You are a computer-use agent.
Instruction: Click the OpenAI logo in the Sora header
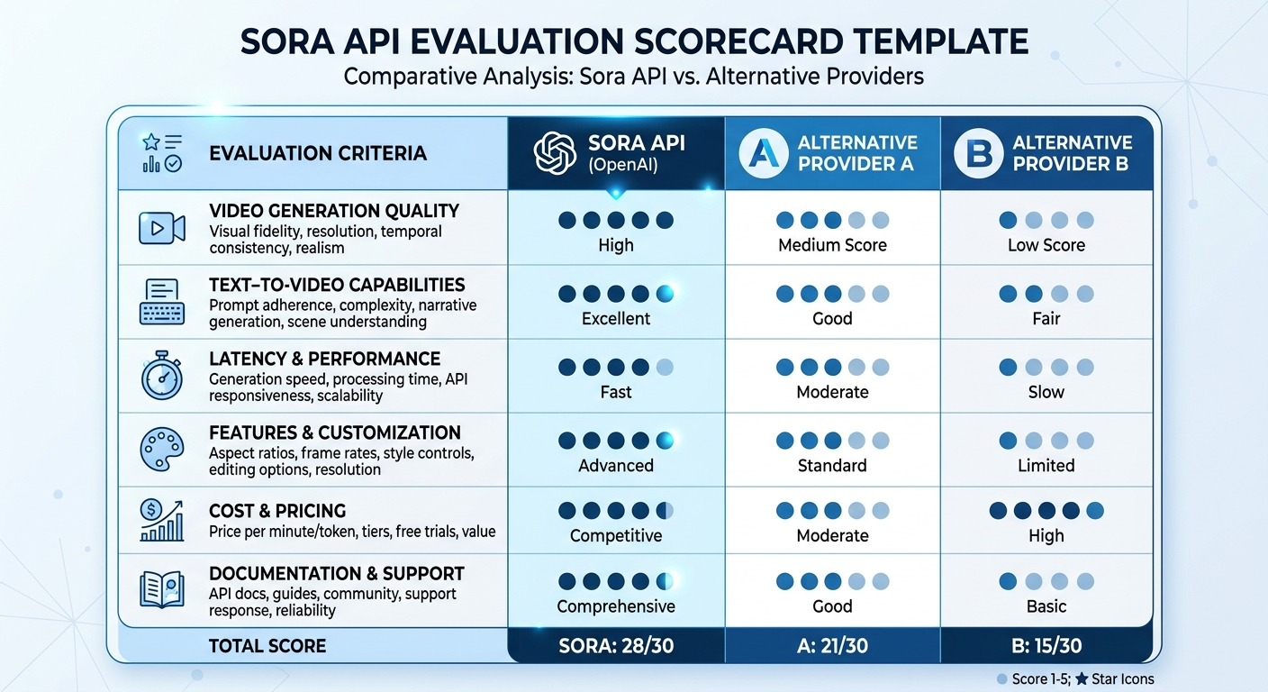click(x=554, y=153)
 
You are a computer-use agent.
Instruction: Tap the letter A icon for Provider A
click(x=764, y=153)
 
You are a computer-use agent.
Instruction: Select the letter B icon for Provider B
click(x=978, y=153)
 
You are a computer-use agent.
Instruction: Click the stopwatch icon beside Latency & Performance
click(x=162, y=377)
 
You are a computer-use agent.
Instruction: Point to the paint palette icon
click(x=162, y=448)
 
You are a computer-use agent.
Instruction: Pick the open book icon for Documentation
click(x=162, y=590)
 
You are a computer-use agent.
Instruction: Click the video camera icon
click(x=162, y=227)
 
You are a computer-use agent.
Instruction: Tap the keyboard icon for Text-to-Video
click(x=162, y=302)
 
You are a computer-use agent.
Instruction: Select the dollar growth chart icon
click(x=162, y=520)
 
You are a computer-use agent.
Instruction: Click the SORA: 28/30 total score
click(x=616, y=645)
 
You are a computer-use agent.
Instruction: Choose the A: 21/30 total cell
click(x=832, y=645)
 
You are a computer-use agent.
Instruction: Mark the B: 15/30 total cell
click(x=1046, y=645)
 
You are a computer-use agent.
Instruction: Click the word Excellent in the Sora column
click(x=616, y=319)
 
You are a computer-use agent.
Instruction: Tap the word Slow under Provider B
click(x=1046, y=392)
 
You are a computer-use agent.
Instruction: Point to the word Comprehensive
click(x=616, y=606)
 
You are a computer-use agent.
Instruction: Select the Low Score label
click(x=1046, y=245)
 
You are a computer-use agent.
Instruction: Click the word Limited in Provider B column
click(x=1046, y=466)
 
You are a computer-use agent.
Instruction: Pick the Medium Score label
click(x=832, y=245)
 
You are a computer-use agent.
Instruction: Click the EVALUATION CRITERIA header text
click(x=317, y=153)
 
